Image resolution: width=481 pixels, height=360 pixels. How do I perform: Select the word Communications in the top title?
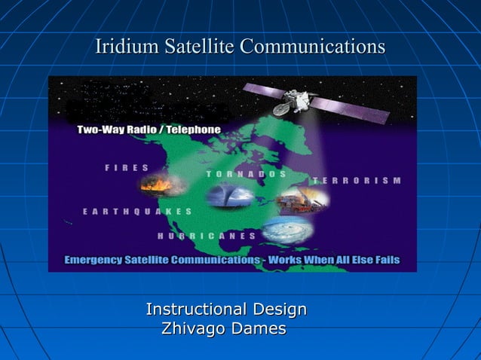pos(312,47)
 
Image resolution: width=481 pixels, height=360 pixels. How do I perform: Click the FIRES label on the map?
pos(127,168)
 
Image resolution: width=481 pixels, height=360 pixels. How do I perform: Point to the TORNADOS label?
pos(247,174)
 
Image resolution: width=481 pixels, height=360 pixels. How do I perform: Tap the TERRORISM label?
pos(356,181)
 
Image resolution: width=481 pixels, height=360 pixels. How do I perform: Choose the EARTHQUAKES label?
pos(137,212)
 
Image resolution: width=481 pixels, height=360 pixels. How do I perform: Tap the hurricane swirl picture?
pos(288,228)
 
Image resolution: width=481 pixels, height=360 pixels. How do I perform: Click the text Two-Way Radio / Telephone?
pos(149,130)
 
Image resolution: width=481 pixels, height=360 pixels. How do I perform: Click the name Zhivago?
pos(191,329)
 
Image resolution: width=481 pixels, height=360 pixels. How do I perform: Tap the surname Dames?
pos(259,329)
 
